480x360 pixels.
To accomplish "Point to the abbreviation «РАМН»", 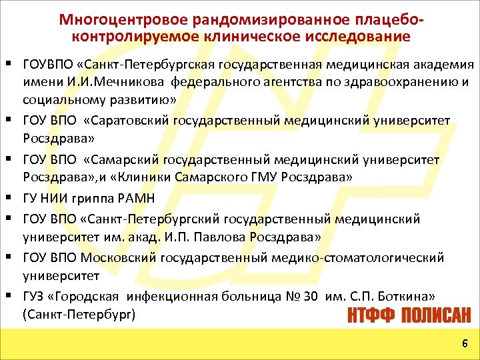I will pyautogui.click(x=137, y=197).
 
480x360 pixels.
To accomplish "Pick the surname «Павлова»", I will pyautogui.click(x=231, y=237).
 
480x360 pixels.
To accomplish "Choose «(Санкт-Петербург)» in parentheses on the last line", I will pyautogui.click(x=79, y=313).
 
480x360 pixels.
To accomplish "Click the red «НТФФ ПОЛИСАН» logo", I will pyautogui.click(x=408, y=314).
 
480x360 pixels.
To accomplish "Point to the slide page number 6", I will pyautogui.click(x=464, y=343).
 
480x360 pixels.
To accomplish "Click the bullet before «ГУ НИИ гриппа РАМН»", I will pyautogui.click(x=13, y=198).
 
